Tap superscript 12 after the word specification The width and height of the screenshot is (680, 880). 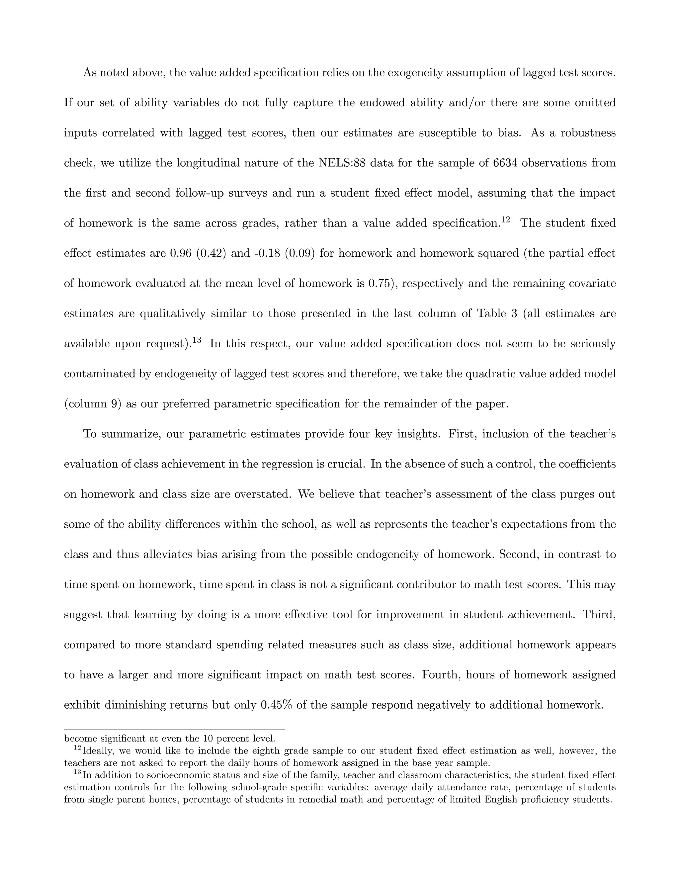point(506,220)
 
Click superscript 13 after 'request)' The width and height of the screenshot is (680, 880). point(197,340)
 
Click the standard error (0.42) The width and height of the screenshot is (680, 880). point(211,253)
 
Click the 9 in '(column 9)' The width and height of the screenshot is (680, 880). point(114,404)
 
